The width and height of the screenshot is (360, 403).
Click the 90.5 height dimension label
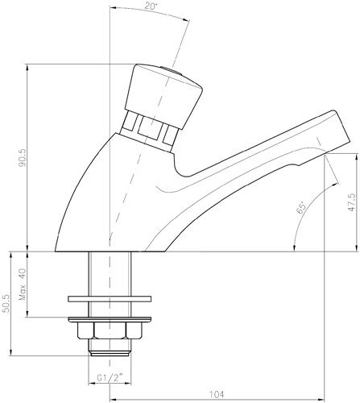[22, 158]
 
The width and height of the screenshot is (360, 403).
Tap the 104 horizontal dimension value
[217, 394]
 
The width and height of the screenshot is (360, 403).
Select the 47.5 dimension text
[351, 202]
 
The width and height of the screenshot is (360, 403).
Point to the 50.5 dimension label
[6, 303]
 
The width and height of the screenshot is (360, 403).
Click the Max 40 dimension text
[23, 285]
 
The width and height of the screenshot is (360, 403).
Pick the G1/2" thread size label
[110, 378]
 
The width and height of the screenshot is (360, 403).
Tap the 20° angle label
[151, 6]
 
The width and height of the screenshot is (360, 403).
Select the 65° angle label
[302, 207]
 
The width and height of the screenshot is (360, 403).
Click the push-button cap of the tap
[163, 96]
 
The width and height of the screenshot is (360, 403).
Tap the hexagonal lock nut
[110, 330]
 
